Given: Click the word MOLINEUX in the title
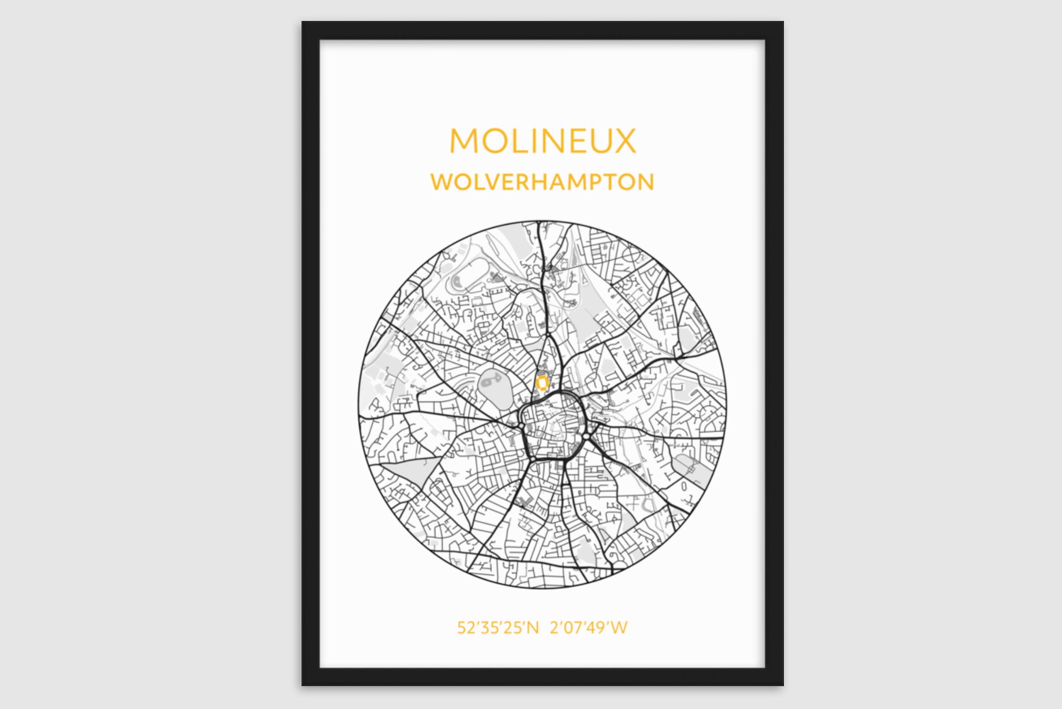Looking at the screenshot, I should [x=542, y=141].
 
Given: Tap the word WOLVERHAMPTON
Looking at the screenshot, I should [x=542, y=182].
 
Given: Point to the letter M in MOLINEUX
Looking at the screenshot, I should [x=464, y=141].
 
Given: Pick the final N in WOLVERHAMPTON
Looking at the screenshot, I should [x=645, y=182].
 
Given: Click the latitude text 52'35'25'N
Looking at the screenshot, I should [x=498, y=627].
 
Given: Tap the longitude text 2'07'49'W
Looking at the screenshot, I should [x=588, y=627].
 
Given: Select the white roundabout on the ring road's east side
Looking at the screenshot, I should [x=586, y=436].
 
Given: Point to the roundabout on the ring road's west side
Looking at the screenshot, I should [x=522, y=426].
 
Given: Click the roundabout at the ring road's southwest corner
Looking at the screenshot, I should [x=533, y=459].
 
